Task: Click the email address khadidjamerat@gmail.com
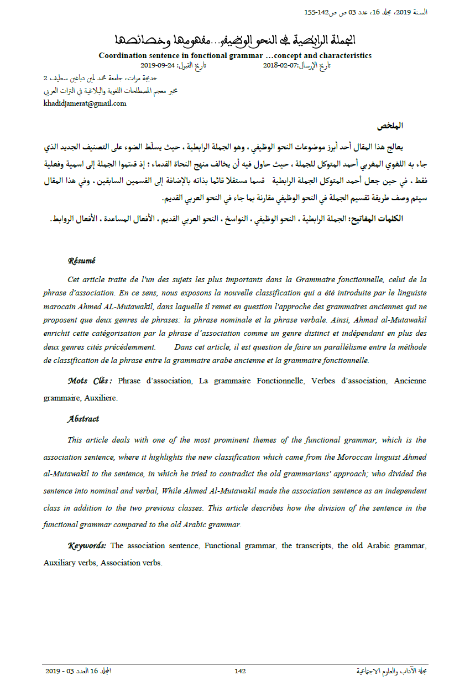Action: [x=85, y=103]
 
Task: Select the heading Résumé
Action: [x=81, y=261]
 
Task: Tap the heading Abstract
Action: [x=83, y=419]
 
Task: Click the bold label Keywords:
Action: [x=87, y=545]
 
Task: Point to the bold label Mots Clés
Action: [x=90, y=381]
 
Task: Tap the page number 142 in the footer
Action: [x=240, y=671]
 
